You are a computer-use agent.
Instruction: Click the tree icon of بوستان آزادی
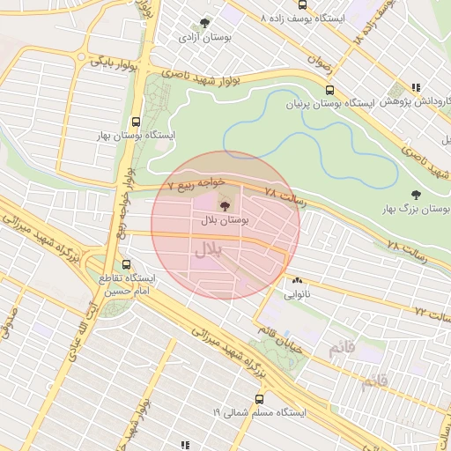tap(205, 24)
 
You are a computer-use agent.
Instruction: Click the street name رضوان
tap(318, 63)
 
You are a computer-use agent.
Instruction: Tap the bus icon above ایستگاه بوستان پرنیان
tap(329, 89)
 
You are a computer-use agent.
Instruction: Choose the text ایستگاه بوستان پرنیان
tap(329, 103)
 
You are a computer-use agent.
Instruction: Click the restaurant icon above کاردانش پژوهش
tap(416, 87)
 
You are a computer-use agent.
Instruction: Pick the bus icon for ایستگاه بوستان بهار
tap(136, 122)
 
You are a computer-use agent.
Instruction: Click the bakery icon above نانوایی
tap(296, 279)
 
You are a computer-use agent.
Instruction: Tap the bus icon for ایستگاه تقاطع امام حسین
tap(126, 263)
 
